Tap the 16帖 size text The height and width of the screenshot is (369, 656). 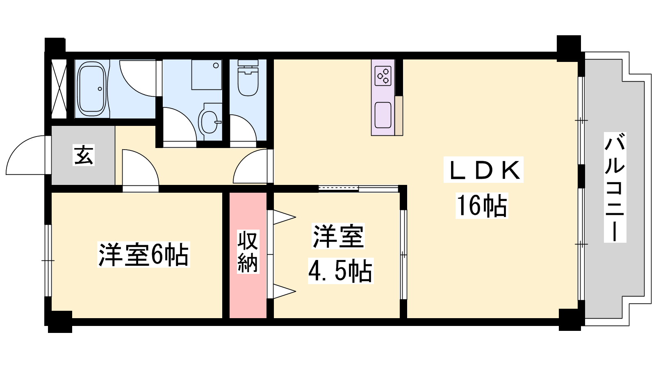click(x=482, y=205)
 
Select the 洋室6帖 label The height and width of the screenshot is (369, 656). click(x=143, y=255)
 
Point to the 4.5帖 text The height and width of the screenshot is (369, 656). click(x=340, y=271)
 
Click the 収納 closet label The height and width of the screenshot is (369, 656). click(x=248, y=252)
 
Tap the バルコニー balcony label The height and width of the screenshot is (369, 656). click(x=615, y=187)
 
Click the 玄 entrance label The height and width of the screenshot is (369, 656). click(x=84, y=155)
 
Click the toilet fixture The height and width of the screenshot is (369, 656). click(x=248, y=78)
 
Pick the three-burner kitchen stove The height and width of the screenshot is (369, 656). click(x=383, y=76)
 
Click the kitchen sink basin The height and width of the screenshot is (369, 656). click(x=383, y=115)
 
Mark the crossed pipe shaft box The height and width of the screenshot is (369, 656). click(x=59, y=89)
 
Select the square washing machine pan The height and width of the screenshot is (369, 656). click(x=207, y=75)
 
